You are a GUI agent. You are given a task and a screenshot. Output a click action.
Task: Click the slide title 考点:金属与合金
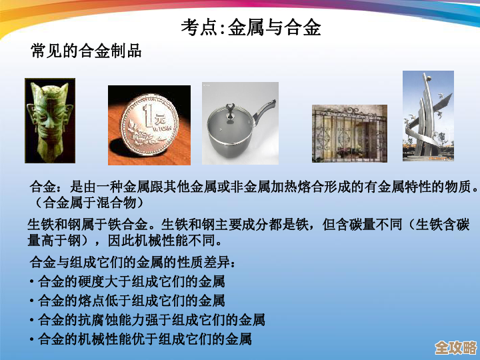251,27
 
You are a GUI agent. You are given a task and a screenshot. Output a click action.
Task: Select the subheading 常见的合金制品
86,51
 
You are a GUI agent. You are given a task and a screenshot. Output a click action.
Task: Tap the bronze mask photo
50,121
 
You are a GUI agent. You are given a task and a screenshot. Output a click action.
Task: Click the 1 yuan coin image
149,125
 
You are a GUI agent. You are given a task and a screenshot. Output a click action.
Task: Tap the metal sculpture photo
428,116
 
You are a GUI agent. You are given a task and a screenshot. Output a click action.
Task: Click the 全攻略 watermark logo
455,347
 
